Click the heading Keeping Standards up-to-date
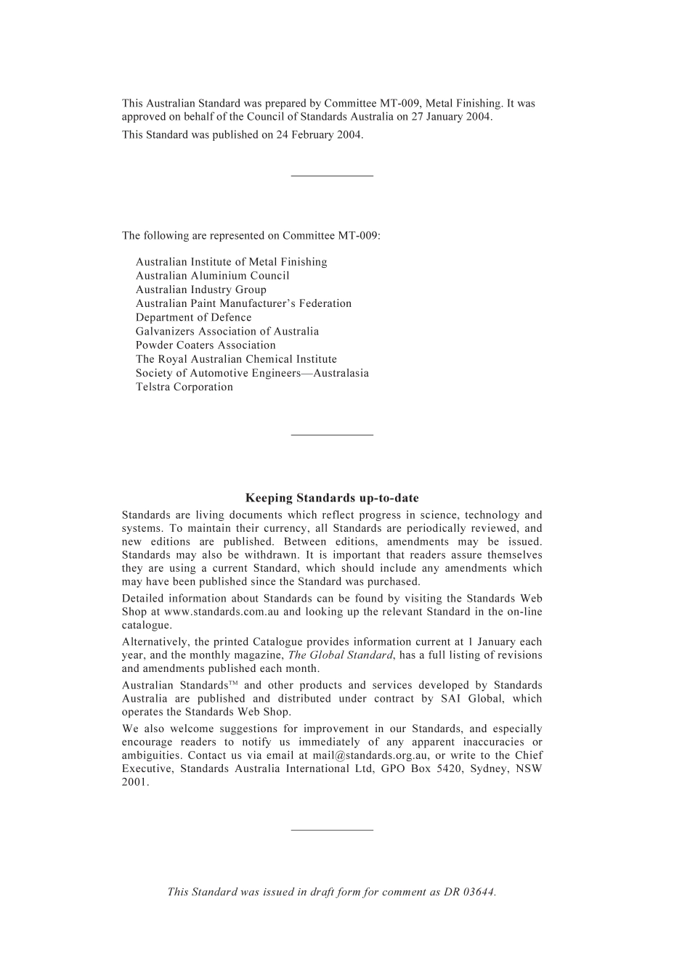[x=332, y=498]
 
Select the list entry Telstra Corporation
[x=184, y=387]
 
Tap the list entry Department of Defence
[x=193, y=317]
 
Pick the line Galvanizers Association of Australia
[x=227, y=331]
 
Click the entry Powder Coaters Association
[x=206, y=345]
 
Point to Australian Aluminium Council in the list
[x=212, y=276]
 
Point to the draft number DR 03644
[x=469, y=892]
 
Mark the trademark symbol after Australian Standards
[x=233, y=684]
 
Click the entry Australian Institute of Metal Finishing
[x=231, y=262]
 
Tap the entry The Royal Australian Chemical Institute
[x=236, y=359]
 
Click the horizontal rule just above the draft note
[x=332, y=829]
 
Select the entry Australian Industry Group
[x=200, y=290]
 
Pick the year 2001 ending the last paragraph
[x=134, y=782]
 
